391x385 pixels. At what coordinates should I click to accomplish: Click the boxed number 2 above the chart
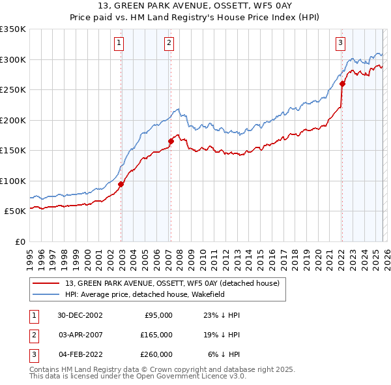pyautogui.click(x=169, y=44)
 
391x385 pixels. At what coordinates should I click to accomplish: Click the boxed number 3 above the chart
pyautogui.click(x=340, y=44)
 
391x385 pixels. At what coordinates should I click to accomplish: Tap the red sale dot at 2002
pyautogui.click(x=121, y=184)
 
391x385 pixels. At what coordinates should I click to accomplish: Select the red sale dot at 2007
pyautogui.click(x=171, y=141)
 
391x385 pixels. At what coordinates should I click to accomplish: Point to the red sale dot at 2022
pyautogui.click(x=341, y=84)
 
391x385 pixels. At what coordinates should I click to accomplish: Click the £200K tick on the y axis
pyautogui.click(x=13, y=120)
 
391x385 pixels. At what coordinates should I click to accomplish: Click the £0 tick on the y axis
pyautogui.click(x=20, y=241)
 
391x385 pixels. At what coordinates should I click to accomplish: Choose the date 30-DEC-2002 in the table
pyautogui.click(x=80, y=315)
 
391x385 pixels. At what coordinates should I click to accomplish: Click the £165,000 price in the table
pyautogui.click(x=156, y=335)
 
